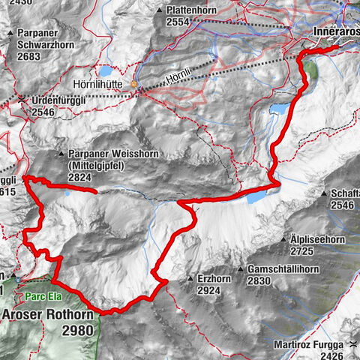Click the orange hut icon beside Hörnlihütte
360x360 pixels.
135,85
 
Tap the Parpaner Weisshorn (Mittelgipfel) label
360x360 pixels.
101,159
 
